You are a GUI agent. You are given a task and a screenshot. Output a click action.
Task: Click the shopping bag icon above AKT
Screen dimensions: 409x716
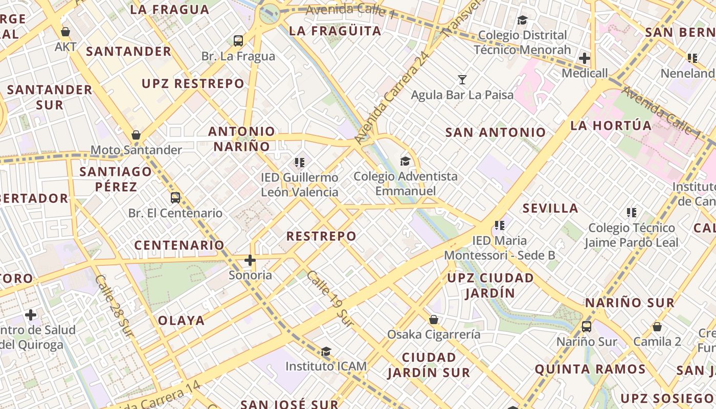point(65,32)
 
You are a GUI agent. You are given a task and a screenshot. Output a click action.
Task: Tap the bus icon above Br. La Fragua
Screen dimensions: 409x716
point(238,41)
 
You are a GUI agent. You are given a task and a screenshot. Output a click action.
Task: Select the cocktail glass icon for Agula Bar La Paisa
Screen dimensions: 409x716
point(462,79)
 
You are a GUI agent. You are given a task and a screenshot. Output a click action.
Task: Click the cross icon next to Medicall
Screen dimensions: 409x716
point(585,58)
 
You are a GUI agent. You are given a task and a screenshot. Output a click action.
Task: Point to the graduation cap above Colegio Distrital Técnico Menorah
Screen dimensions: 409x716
point(522,20)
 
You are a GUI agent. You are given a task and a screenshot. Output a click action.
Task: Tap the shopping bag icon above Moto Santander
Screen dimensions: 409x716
point(136,135)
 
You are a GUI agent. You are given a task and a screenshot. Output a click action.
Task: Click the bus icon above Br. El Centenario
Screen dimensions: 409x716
point(175,197)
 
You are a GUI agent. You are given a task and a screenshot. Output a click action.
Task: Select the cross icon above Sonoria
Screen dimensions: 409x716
point(250,260)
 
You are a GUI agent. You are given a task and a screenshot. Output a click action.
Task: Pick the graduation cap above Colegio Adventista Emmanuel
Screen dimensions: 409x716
point(405,161)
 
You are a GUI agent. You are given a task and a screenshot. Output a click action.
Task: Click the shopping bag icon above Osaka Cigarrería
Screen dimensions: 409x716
point(434,320)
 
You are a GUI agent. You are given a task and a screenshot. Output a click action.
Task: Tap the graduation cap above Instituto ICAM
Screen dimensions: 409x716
point(326,351)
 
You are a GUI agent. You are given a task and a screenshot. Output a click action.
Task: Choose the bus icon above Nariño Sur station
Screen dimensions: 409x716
point(587,326)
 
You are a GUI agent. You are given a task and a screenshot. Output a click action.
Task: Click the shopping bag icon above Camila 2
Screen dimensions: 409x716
point(657,326)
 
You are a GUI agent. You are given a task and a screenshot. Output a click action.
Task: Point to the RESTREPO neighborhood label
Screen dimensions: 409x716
point(321,236)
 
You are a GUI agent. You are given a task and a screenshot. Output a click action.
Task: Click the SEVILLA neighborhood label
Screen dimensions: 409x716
point(550,208)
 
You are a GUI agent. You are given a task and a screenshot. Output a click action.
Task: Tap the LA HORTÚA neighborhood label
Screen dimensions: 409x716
point(611,126)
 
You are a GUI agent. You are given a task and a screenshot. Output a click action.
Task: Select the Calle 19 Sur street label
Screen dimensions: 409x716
point(330,298)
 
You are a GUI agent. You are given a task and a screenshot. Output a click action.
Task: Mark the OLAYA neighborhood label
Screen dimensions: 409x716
point(181,321)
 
